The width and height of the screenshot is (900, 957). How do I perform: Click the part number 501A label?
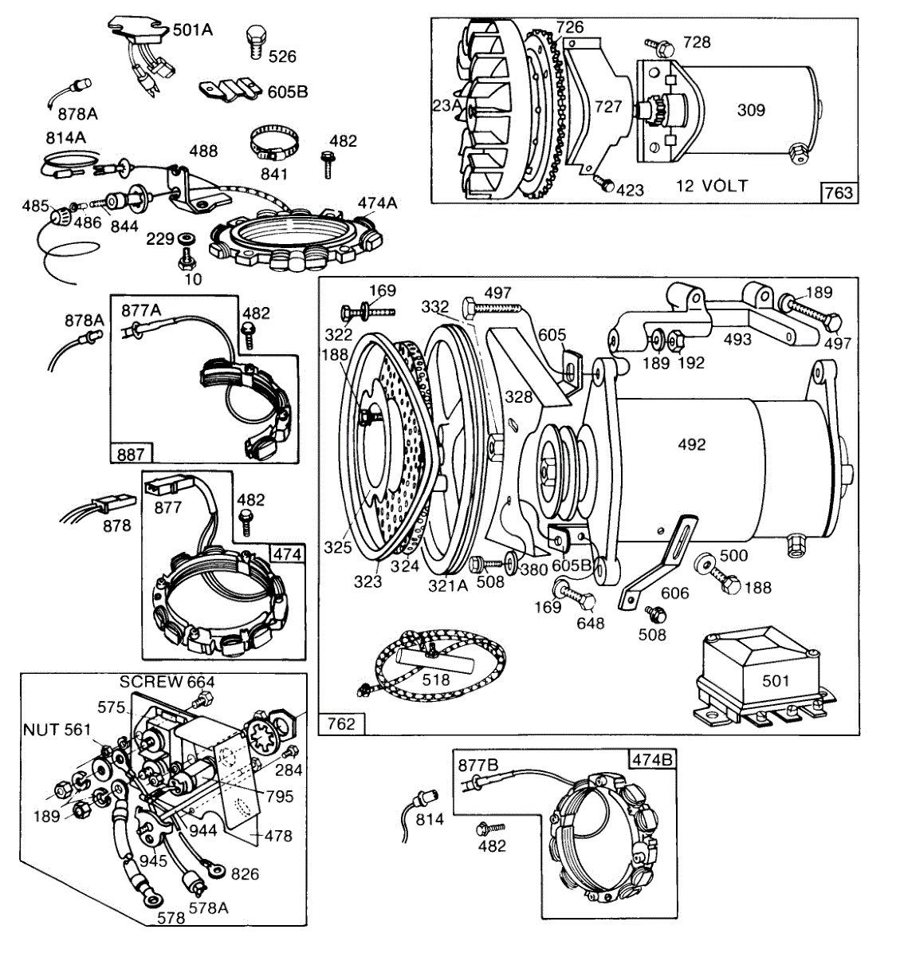(193, 30)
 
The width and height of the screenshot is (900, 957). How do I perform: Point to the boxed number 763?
(839, 193)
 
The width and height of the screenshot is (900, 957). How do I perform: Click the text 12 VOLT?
(712, 186)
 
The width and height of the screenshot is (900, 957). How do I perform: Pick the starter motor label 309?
(751, 110)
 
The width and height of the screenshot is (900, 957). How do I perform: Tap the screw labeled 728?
(661, 46)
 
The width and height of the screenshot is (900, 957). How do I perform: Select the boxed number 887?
(131, 454)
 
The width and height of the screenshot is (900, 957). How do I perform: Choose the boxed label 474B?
(652, 759)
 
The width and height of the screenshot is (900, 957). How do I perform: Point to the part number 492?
(692, 444)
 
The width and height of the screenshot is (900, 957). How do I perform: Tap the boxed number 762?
(341, 724)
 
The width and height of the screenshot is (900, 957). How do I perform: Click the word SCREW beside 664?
(151, 682)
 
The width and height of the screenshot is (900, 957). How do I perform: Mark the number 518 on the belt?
(436, 680)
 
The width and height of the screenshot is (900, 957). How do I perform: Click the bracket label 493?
(737, 339)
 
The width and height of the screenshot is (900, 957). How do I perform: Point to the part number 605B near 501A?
(288, 92)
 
